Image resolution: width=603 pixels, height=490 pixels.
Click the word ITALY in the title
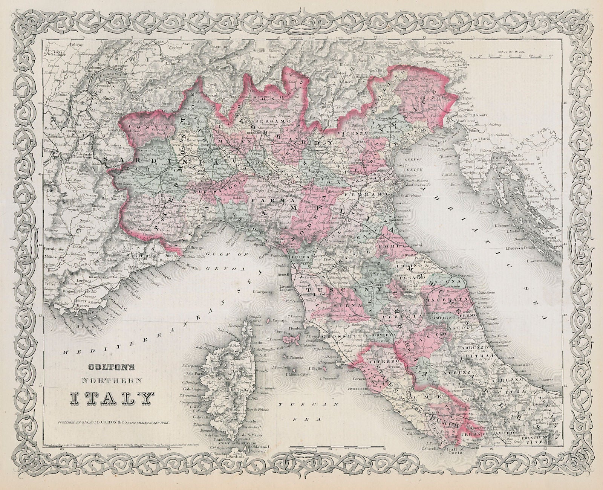(x=112, y=397)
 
